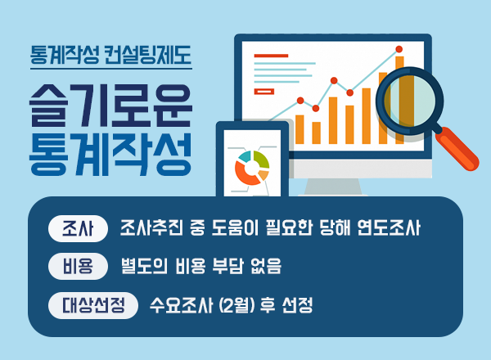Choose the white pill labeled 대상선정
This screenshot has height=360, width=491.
click(93, 305)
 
